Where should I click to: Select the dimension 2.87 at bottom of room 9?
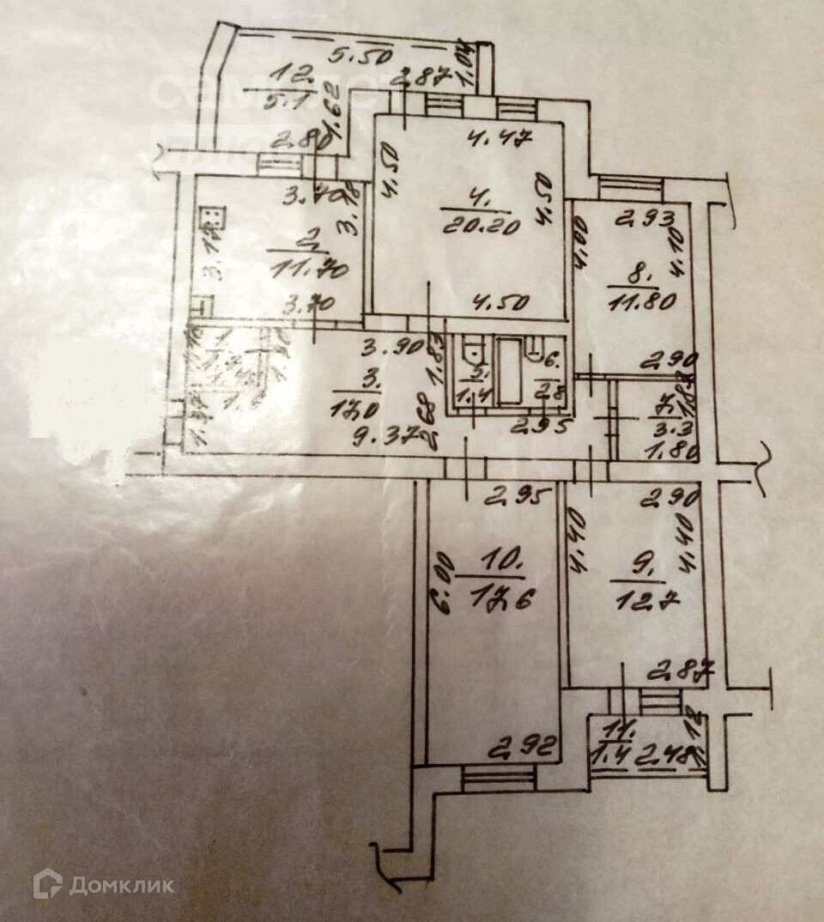tap(674, 670)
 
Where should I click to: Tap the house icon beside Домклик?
tap(48, 883)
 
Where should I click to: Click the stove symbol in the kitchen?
tap(209, 219)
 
